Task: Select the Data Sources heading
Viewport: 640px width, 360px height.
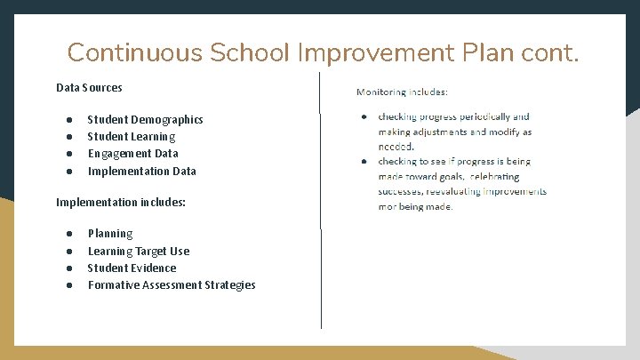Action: click(x=89, y=87)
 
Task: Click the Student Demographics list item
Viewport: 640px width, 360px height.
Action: click(x=145, y=119)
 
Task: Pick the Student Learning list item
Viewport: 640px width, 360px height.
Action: click(x=132, y=136)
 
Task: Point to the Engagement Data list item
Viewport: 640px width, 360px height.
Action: click(x=132, y=153)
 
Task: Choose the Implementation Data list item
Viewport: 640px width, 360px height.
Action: click(x=142, y=171)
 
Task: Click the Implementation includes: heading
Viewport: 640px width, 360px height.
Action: click(x=121, y=202)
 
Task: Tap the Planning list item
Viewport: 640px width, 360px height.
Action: click(x=110, y=233)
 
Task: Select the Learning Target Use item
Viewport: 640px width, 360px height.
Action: click(x=139, y=251)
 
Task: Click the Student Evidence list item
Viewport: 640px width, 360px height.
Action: click(x=132, y=268)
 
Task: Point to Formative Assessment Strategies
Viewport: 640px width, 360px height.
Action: click(x=172, y=284)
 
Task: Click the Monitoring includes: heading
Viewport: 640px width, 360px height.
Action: click(x=402, y=92)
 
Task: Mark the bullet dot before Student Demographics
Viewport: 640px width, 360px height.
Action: click(x=68, y=119)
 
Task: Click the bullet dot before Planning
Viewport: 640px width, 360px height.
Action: click(x=68, y=234)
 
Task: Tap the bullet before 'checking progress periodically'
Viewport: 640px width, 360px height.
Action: click(x=364, y=116)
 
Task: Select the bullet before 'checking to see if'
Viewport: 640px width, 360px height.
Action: click(x=364, y=162)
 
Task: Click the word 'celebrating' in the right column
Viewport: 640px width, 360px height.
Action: click(x=494, y=177)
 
